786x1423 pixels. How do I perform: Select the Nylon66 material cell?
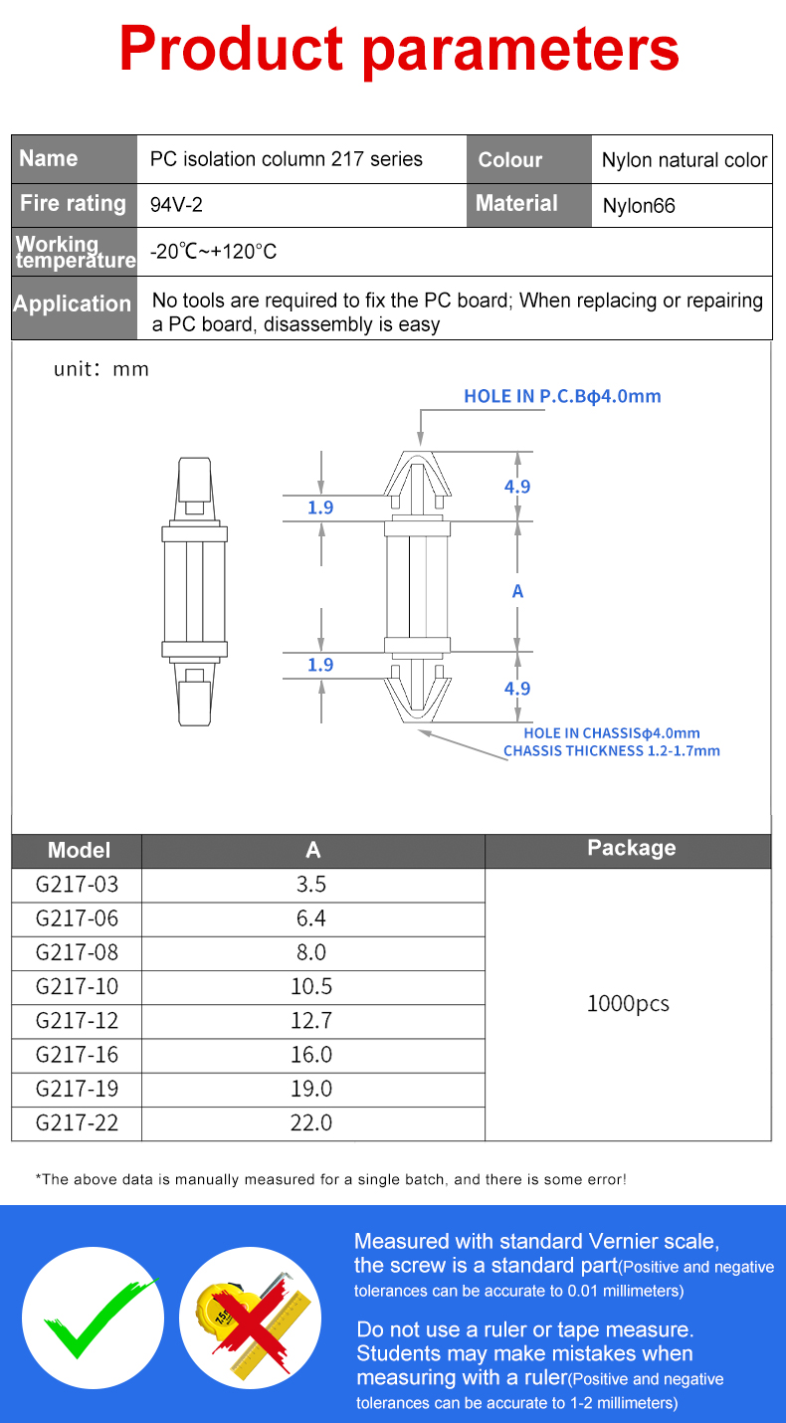click(x=639, y=206)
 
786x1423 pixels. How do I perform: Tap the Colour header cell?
click(x=510, y=160)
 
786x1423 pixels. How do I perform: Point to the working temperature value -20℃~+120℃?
click(x=214, y=252)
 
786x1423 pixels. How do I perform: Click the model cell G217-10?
click(x=77, y=986)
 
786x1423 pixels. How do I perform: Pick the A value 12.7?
click(x=311, y=1020)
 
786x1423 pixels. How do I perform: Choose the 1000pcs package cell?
click(x=628, y=1003)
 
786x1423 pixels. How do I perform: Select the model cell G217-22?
click(x=77, y=1122)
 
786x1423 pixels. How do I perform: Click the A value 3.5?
click(x=311, y=884)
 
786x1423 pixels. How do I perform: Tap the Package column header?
click(x=631, y=848)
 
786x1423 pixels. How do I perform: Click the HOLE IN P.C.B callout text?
click(x=562, y=396)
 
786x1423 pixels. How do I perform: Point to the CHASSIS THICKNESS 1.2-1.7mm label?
click(x=611, y=751)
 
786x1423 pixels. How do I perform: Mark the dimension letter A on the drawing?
click(x=517, y=592)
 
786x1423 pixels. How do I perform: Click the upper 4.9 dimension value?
click(x=517, y=487)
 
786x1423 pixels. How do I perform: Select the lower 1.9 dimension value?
click(x=320, y=665)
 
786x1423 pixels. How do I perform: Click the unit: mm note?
click(x=101, y=370)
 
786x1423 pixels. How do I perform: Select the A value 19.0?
click(x=311, y=1089)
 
